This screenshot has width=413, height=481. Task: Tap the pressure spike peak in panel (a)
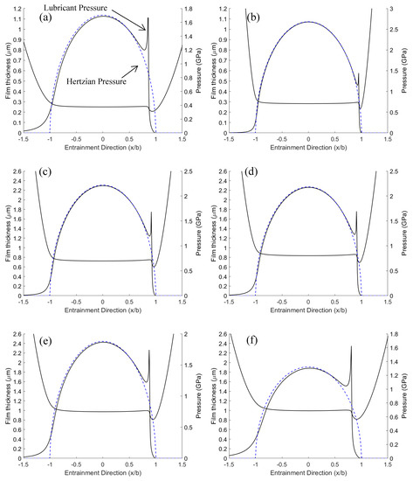[148, 18]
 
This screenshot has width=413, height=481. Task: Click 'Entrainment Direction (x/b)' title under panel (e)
[103, 474]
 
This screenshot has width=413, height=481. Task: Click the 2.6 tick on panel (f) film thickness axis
[223, 335]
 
